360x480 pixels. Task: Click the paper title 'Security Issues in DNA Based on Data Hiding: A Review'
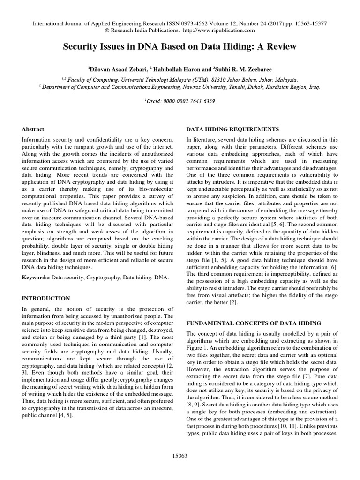tap(180, 48)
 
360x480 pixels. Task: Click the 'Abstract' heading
tap(33, 129)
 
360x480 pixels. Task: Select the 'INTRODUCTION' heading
tap(46, 298)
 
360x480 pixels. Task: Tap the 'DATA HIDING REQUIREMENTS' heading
tap(226, 129)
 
